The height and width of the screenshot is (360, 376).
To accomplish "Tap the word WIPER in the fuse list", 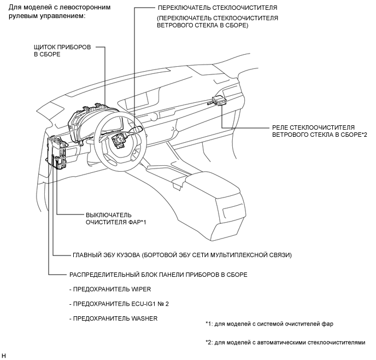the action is [141, 289].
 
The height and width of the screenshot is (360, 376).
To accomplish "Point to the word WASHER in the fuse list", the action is [144, 318].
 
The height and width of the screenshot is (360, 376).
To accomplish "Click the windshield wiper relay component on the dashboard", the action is [218, 100].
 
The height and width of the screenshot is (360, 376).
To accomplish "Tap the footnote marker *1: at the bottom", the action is [209, 324].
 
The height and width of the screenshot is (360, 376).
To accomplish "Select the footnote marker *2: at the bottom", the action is [209, 342].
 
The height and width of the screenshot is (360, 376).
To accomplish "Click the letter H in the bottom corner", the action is [3, 356].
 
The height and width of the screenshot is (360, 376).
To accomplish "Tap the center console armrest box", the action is [211, 204].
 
